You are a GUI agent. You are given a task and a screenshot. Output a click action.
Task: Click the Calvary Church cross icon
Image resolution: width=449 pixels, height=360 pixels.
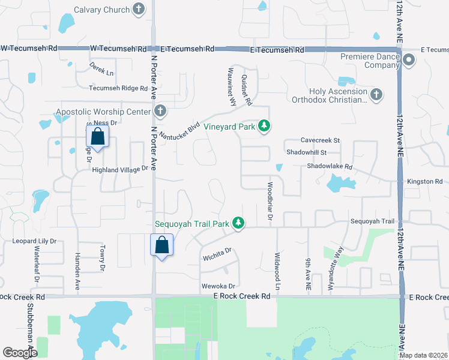pyautogui.click(x=139, y=10)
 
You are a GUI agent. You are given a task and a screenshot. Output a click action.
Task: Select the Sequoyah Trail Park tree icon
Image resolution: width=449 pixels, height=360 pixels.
pyautogui.click(x=239, y=223)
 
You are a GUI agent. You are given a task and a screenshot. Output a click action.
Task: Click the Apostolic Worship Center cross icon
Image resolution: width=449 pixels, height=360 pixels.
pyautogui.click(x=160, y=111)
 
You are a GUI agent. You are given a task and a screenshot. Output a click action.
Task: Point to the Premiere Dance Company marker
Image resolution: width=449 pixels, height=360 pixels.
pyautogui.click(x=409, y=59)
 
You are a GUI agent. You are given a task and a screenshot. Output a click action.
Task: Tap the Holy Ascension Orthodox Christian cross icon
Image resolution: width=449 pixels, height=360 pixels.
pyautogui.click(x=376, y=94)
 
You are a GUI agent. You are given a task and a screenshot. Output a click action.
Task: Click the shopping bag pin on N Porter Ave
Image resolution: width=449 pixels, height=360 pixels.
pyautogui.click(x=161, y=245)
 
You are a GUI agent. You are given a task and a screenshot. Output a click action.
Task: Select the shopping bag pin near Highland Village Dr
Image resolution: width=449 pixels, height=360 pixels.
pyautogui.click(x=98, y=136)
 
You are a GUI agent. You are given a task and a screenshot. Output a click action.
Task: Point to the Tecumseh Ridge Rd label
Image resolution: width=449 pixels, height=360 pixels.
pyautogui.click(x=118, y=88)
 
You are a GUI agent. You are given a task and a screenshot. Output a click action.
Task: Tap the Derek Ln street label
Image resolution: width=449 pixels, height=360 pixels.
pyautogui.click(x=101, y=68)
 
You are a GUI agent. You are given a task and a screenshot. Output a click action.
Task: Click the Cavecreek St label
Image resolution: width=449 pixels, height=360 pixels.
pyautogui.click(x=320, y=140)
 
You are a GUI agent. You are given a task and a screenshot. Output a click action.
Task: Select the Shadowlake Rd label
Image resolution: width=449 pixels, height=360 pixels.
pyautogui.click(x=330, y=166)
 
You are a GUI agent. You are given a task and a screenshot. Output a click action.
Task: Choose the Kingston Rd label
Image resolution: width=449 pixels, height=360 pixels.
pyautogui.click(x=424, y=181)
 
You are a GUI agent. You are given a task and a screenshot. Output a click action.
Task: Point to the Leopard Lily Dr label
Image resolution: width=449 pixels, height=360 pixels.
pyautogui.click(x=34, y=241)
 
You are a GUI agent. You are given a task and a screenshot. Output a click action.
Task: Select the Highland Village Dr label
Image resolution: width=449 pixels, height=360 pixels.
pyautogui.click(x=119, y=170)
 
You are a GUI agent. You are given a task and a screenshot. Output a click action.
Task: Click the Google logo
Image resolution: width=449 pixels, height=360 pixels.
pyautogui.click(x=20, y=353)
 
